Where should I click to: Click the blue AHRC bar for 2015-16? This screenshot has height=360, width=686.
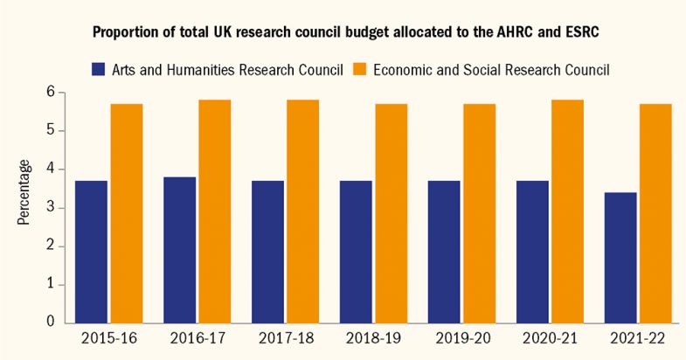point(91,252)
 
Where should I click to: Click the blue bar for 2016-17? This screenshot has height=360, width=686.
point(179,250)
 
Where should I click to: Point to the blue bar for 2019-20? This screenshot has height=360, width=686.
point(443,252)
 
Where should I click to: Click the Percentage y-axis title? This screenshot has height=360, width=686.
point(24,192)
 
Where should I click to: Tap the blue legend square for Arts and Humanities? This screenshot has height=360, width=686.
point(98,69)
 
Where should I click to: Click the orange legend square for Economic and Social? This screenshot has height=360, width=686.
point(360,69)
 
